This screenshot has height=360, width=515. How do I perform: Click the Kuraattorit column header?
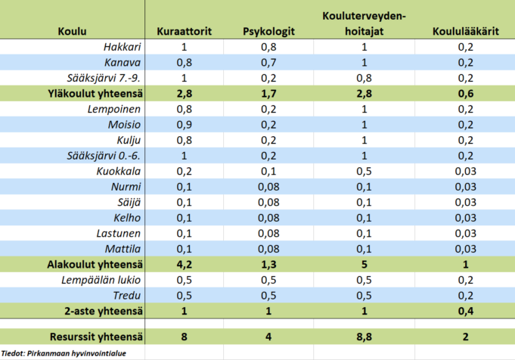pos(184,32)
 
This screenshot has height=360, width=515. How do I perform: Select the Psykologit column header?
pos(268,32)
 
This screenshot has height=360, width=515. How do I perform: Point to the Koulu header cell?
pos(72,32)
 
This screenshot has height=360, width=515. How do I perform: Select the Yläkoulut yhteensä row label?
pos(98,94)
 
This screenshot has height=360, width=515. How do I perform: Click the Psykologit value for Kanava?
pos(268,63)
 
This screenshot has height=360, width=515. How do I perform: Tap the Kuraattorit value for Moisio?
pos(184,125)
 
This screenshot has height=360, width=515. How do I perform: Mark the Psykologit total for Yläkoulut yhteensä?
pos(268,94)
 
